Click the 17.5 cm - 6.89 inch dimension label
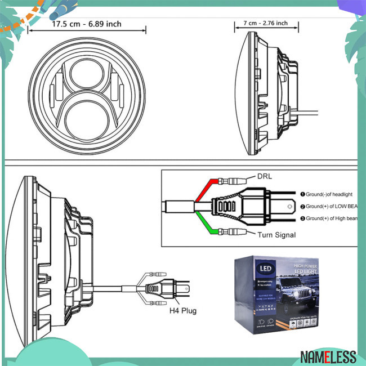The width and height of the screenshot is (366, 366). (87, 25)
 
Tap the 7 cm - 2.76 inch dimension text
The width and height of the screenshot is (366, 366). (265, 23)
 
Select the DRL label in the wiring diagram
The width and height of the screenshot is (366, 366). (265, 176)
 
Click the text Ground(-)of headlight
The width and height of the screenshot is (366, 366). (331, 193)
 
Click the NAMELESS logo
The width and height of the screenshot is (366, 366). (328, 356)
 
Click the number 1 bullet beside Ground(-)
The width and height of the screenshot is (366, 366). (302, 193)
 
